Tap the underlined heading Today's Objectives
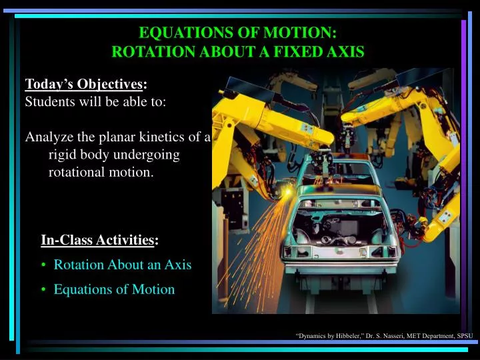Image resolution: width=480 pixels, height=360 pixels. [x=83, y=84]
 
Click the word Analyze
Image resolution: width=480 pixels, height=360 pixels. [x=47, y=137]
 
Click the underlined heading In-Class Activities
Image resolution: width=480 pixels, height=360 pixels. [x=97, y=240]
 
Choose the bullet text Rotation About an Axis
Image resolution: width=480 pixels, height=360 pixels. [x=123, y=265]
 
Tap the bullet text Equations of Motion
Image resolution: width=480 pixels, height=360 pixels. [x=114, y=289]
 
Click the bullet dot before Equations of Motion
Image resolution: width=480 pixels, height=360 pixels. [x=44, y=289]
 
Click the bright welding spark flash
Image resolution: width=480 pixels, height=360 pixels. [x=288, y=193]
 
